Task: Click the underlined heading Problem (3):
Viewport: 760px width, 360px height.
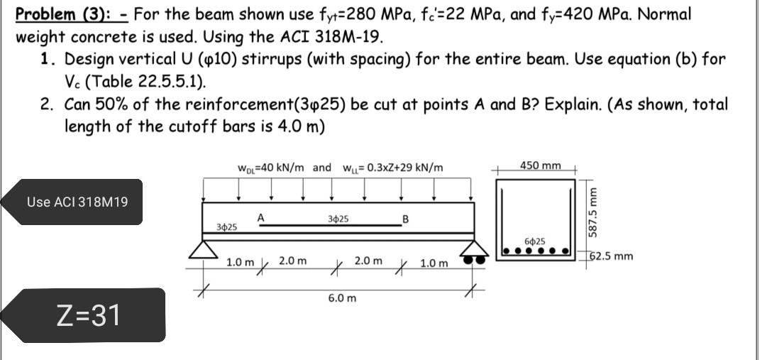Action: point(71,13)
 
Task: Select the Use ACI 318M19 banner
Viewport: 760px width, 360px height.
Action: point(77,202)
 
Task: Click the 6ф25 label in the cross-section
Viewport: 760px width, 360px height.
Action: point(534,242)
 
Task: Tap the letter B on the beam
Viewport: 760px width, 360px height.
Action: point(405,218)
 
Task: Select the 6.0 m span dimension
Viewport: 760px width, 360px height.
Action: point(342,298)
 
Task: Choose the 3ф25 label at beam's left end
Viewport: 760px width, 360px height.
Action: point(226,227)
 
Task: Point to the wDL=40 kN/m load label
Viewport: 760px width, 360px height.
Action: point(270,168)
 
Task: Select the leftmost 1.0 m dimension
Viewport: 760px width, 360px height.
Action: point(239,263)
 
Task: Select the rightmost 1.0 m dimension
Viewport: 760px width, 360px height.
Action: point(434,264)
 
